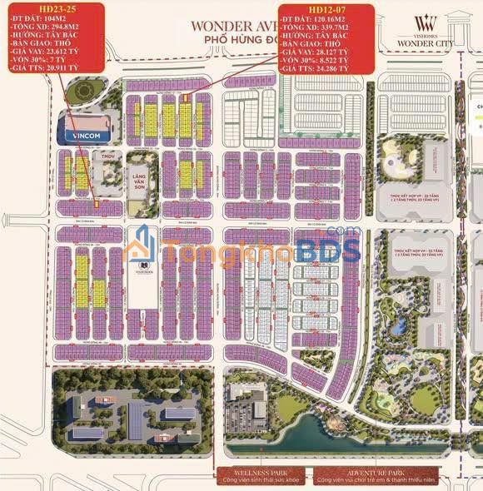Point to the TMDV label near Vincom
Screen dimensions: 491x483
pos(107,156)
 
